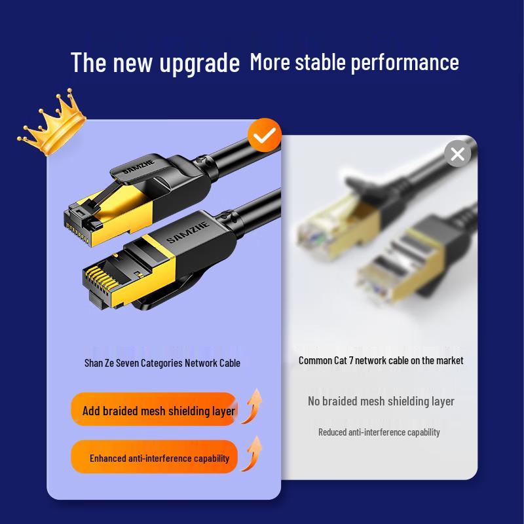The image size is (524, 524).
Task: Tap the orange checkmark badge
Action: pos(265,136)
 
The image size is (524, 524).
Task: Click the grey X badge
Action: pos(457,154)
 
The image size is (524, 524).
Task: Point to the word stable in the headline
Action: pos(321,62)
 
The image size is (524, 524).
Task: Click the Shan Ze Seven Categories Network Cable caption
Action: pos(162,363)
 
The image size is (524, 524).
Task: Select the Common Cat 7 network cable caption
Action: pos(381,360)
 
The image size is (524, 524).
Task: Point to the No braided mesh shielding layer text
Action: pos(381,401)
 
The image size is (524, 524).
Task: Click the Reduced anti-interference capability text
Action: pos(379,432)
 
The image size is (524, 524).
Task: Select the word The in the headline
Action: pos(88,63)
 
